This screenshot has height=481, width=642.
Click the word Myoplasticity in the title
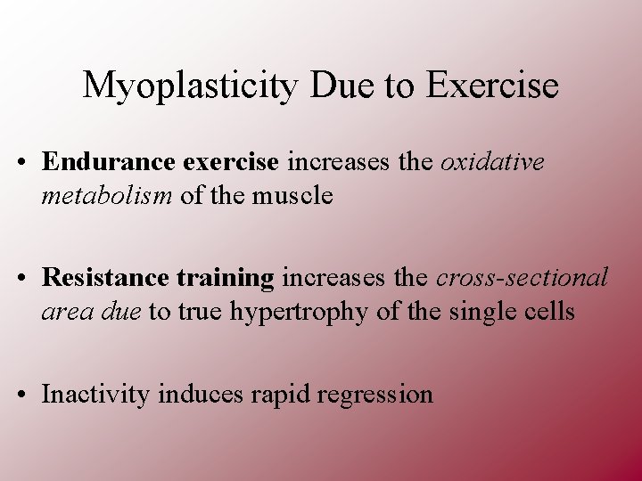pyautogui.click(x=192, y=86)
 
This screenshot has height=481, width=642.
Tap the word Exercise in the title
pyautogui.click(x=492, y=86)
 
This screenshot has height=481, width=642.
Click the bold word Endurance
pyautogui.click(x=109, y=161)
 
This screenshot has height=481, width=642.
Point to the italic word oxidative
pyautogui.click(x=492, y=161)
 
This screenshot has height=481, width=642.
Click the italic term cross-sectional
pyautogui.click(x=522, y=278)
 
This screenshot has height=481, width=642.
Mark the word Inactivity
pyautogui.click(x=96, y=394)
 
